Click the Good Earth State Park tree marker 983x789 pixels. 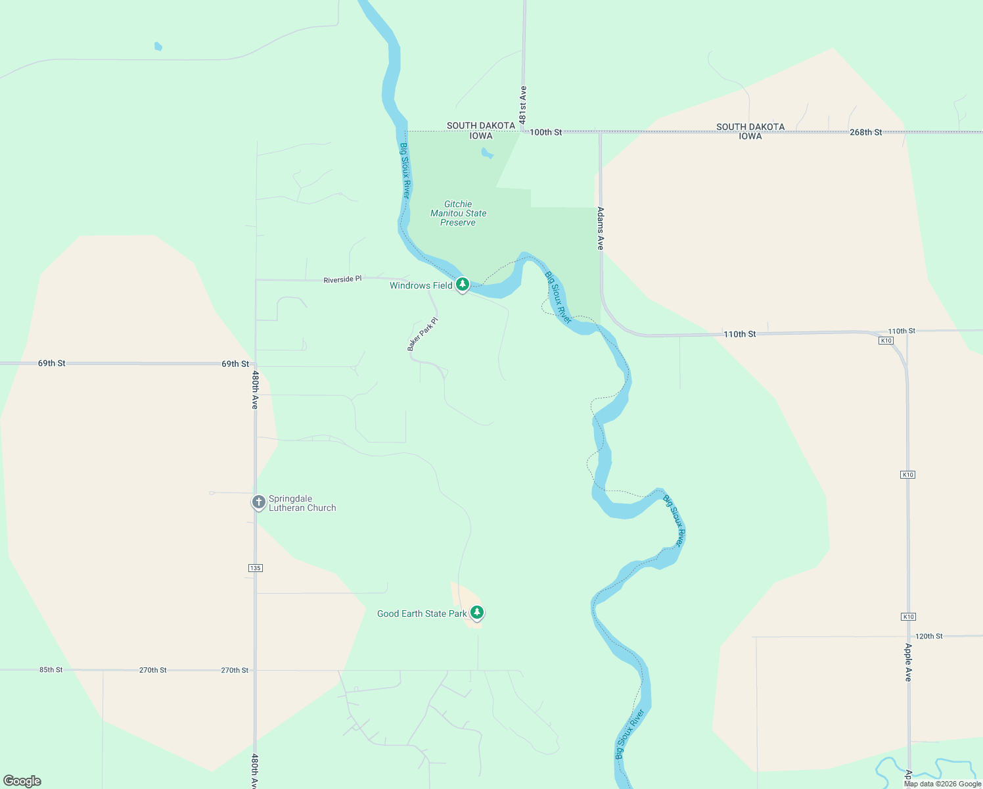tap(477, 612)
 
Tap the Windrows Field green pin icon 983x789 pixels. tap(463, 284)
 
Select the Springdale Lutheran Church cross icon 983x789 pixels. tap(259, 502)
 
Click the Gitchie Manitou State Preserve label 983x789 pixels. tap(458, 213)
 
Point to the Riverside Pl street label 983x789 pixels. tap(342, 279)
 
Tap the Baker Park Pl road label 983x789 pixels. tap(423, 334)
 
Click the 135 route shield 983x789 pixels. tap(256, 568)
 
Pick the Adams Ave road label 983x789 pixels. tap(600, 228)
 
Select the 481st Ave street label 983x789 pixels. tap(523, 105)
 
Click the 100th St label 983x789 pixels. tap(545, 132)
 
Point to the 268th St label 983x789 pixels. tap(865, 132)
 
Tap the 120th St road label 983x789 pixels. tap(928, 636)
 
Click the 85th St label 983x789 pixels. tap(51, 670)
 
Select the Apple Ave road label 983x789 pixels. tap(908, 661)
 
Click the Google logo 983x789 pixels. tap(22, 781)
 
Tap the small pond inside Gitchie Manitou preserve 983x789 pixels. tap(487, 153)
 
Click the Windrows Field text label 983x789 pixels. tap(421, 285)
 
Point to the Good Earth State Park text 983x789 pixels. tap(421, 613)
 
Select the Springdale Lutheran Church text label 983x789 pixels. tap(302, 503)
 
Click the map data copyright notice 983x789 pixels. tap(942, 784)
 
